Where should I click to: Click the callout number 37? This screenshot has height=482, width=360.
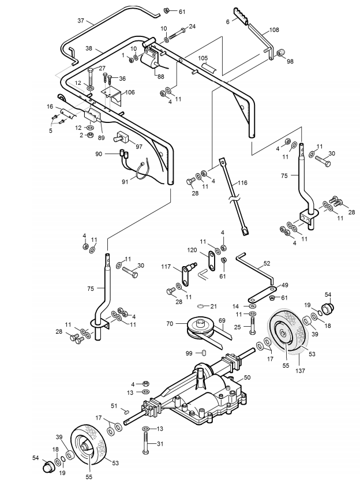(80, 21)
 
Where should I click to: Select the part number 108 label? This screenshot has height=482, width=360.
(274, 30)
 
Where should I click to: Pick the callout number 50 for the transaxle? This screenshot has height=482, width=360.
(247, 378)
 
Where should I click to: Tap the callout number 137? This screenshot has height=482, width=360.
(300, 371)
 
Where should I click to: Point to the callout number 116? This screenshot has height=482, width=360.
(242, 183)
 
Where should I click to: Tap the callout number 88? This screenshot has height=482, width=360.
(160, 77)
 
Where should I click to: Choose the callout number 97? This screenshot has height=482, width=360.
(139, 147)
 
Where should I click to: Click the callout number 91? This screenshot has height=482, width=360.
(125, 182)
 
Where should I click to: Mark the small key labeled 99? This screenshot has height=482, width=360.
(203, 352)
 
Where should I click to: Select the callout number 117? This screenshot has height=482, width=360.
(166, 267)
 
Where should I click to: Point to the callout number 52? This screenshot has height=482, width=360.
(267, 263)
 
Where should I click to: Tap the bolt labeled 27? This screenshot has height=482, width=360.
(91, 77)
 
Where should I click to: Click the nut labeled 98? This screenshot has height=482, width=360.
(280, 53)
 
